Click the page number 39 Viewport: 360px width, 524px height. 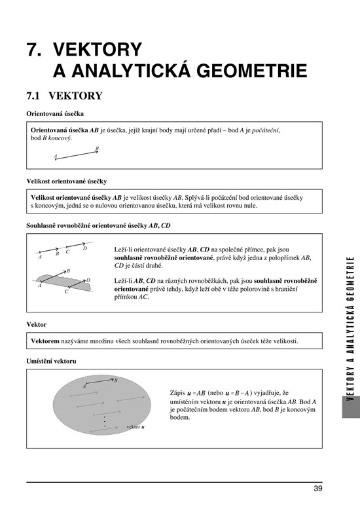(x=318, y=489)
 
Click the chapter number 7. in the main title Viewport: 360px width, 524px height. (x=34, y=50)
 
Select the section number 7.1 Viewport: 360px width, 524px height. (x=33, y=96)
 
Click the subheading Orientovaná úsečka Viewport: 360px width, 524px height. (x=55, y=113)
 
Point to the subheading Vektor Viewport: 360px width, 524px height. (x=37, y=324)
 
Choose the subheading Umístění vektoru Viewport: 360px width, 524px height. (x=51, y=362)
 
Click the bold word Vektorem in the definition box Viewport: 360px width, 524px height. (x=45, y=341)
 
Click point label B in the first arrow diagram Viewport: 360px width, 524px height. (x=97, y=148)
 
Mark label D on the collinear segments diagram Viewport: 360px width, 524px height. (x=85, y=248)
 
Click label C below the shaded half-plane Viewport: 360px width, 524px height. (x=66, y=291)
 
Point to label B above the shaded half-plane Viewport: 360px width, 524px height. (x=68, y=271)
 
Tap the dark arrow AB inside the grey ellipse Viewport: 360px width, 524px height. (x=100, y=382)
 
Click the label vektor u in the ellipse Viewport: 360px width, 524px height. (x=135, y=427)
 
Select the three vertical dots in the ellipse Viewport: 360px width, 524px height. (x=105, y=422)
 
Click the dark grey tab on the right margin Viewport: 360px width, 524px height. (x=351, y=407)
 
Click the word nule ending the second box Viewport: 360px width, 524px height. (x=251, y=206)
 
